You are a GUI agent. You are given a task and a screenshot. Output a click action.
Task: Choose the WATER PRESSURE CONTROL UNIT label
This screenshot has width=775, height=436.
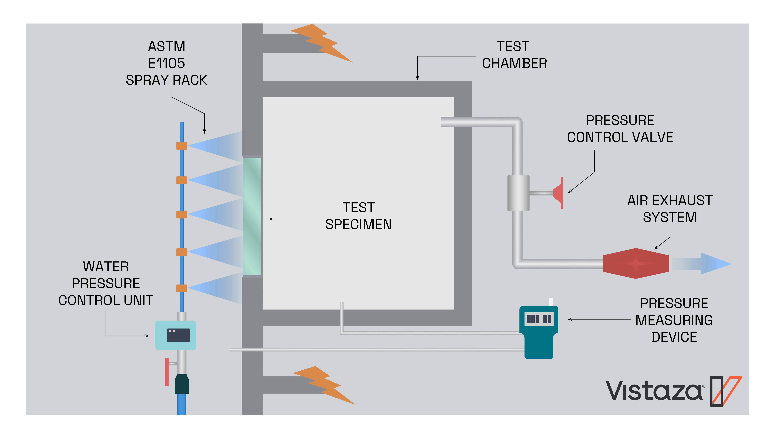[106, 283]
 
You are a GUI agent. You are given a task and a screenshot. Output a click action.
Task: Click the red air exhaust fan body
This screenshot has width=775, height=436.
[635, 263]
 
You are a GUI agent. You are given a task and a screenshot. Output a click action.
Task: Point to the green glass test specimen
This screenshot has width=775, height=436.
[252, 216]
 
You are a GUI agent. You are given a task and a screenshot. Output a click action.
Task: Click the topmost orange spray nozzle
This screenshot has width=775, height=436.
[181, 146]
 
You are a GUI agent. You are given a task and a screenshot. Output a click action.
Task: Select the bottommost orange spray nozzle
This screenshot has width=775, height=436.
[181, 288]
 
